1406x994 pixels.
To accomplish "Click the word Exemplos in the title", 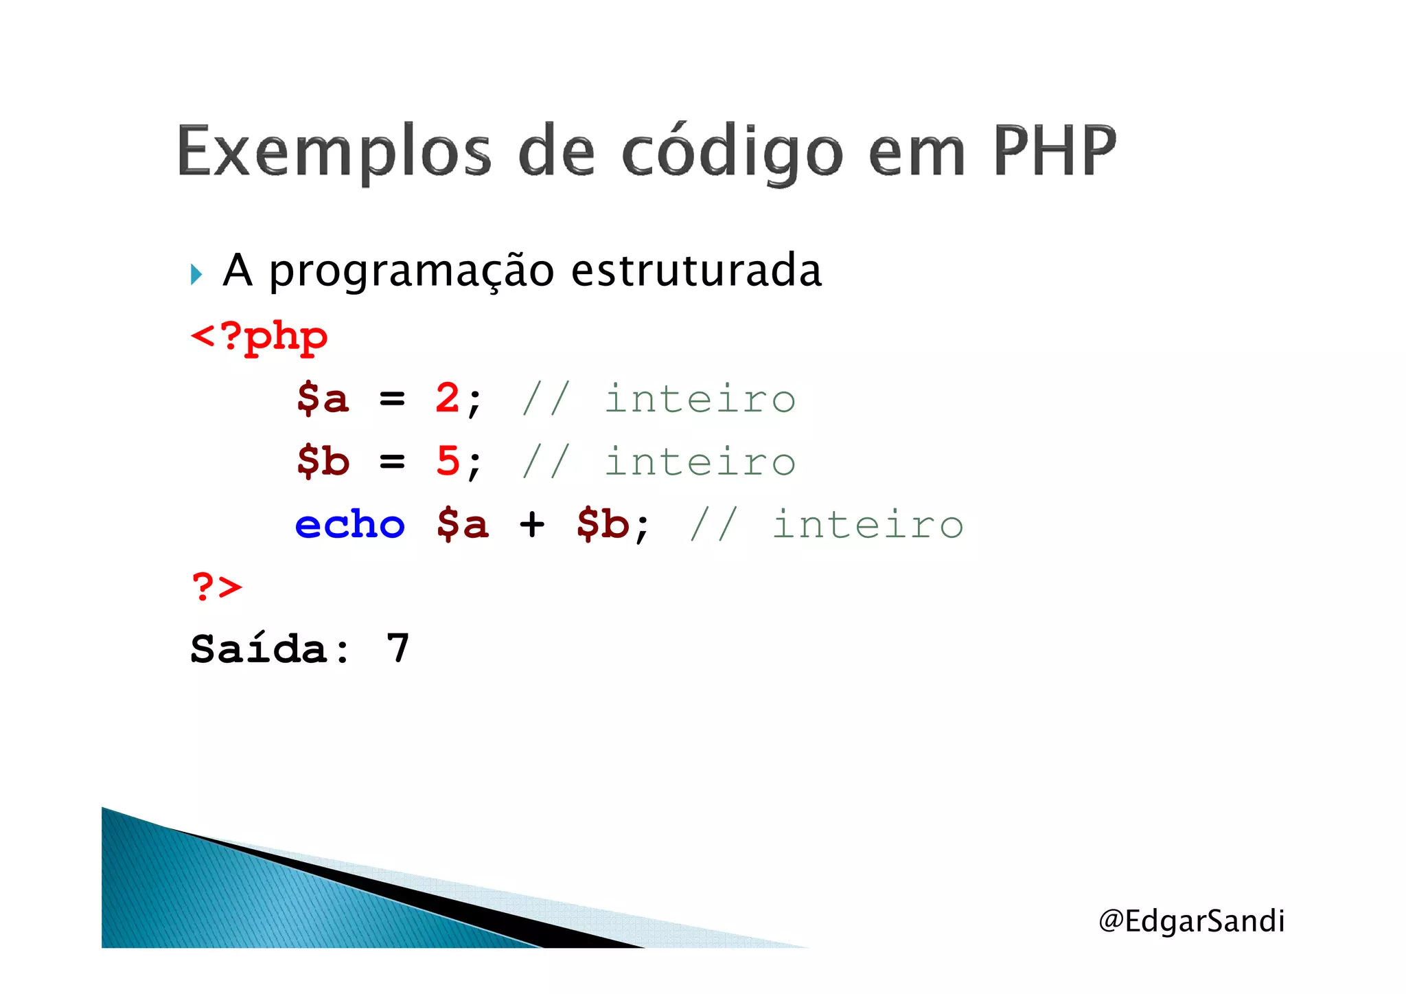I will click(334, 153).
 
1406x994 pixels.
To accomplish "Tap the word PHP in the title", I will click(1054, 151).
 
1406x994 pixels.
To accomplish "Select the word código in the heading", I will click(732, 153).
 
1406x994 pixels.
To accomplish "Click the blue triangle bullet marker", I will click(197, 274).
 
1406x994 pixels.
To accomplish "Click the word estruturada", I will click(696, 270).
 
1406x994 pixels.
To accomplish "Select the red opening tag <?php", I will click(259, 337).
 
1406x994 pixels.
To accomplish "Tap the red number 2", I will click(448, 398).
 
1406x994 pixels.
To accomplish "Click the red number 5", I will click(448, 460).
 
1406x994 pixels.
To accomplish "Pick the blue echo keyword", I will click(350, 525).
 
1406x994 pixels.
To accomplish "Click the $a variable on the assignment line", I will click(323, 398).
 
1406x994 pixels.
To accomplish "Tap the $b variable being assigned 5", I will click(323, 461).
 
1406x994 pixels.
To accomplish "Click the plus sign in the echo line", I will click(532, 526).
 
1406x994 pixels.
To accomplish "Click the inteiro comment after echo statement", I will click(868, 525).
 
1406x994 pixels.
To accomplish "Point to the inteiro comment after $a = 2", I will click(700, 398).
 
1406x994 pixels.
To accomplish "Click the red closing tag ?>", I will click(217, 587).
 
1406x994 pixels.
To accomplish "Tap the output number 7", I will click(398, 648).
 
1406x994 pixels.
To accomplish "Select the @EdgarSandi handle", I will click(1191, 920).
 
